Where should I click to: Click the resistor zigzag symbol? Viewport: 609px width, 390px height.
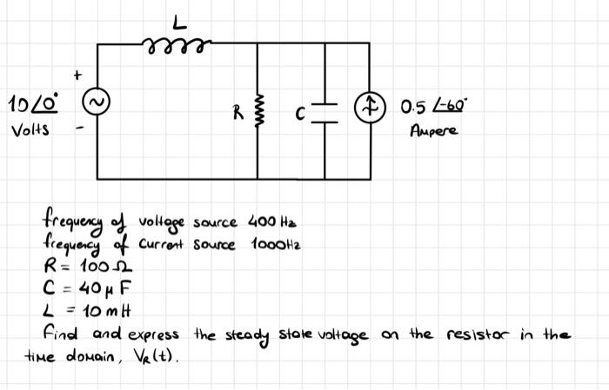(x=258, y=110)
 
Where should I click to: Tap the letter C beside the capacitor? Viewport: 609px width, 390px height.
(x=300, y=111)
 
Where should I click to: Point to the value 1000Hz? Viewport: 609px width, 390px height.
(x=277, y=244)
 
